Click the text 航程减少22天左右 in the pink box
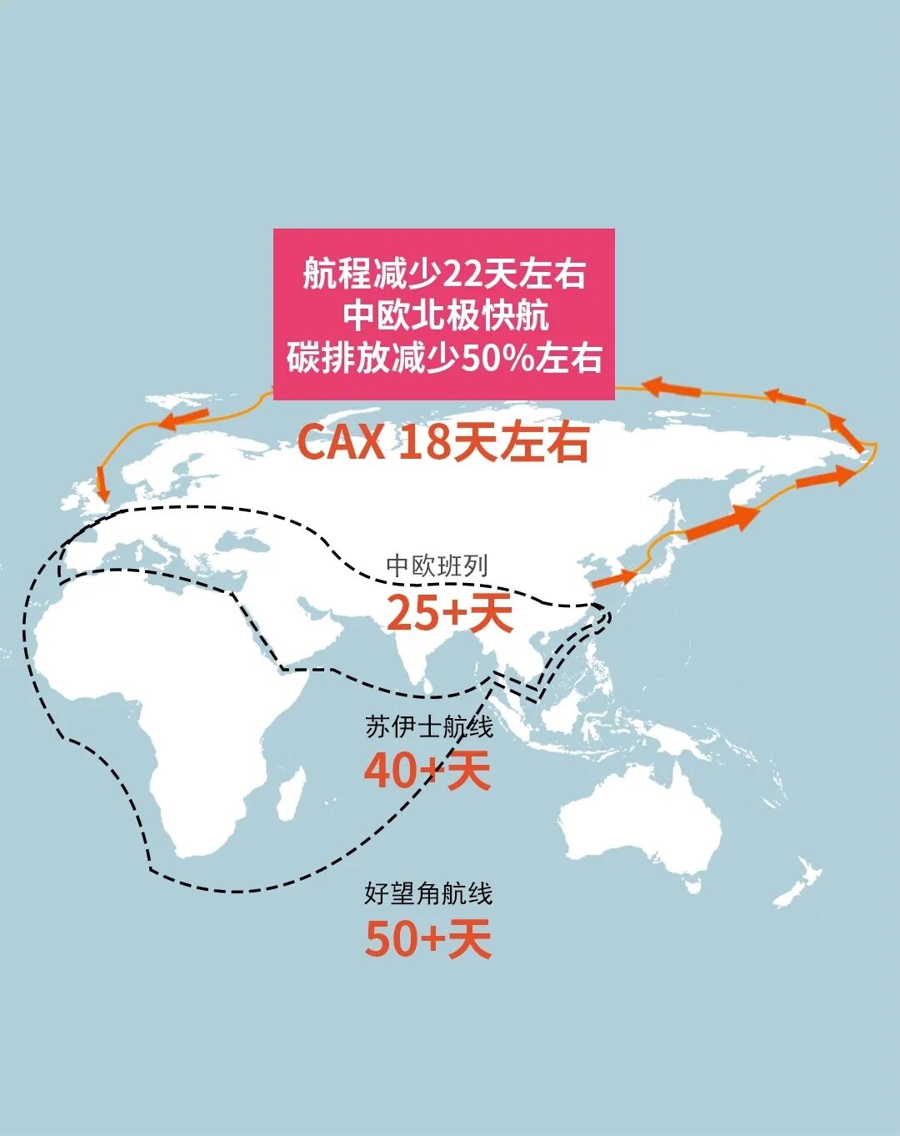coord(444,274)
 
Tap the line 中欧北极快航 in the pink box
coord(444,316)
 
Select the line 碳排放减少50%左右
coord(444,358)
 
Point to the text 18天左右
coord(493,442)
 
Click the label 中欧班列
coord(437,566)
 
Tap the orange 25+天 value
coord(449,614)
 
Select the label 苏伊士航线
coord(429,726)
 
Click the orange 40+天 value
coord(427,771)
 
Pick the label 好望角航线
coord(428,893)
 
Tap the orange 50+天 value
coord(427,939)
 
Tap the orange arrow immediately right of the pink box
coord(672,386)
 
